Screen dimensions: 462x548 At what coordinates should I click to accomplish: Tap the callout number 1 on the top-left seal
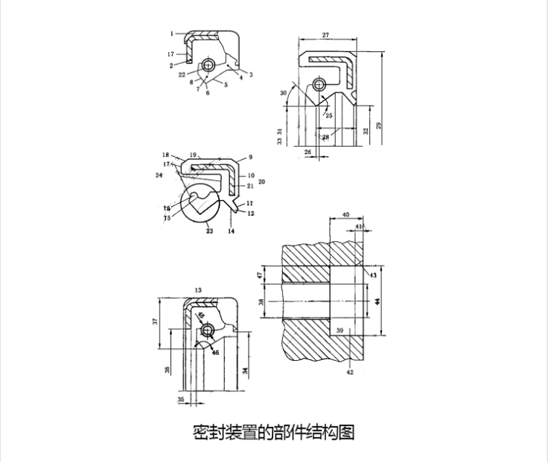(x=171, y=33)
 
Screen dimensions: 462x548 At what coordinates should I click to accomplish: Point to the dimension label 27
(x=326, y=35)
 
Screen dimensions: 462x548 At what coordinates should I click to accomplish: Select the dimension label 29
(x=379, y=126)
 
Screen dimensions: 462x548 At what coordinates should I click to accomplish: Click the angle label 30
(x=283, y=93)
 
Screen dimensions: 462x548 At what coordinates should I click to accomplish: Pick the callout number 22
(x=182, y=74)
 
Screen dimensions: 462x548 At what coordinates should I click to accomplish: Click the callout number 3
(x=251, y=74)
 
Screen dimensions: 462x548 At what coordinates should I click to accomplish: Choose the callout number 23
(x=209, y=231)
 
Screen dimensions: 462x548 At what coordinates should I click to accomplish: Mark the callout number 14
(x=231, y=231)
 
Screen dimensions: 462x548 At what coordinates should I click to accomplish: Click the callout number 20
(x=261, y=182)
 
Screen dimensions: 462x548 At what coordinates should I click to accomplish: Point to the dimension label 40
(x=345, y=214)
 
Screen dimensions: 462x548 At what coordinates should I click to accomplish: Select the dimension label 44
(x=377, y=301)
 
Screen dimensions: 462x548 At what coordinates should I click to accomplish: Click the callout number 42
(x=350, y=372)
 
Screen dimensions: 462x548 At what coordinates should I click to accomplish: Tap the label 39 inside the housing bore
(x=340, y=330)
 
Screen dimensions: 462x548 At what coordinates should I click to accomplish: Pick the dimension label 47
(x=261, y=275)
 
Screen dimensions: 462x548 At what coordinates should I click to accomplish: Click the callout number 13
(x=198, y=289)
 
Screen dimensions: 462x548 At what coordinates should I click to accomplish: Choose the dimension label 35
(x=180, y=400)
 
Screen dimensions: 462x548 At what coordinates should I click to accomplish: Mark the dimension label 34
(x=245, y=370)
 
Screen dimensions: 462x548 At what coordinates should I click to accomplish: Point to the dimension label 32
(x=366, y=130)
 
